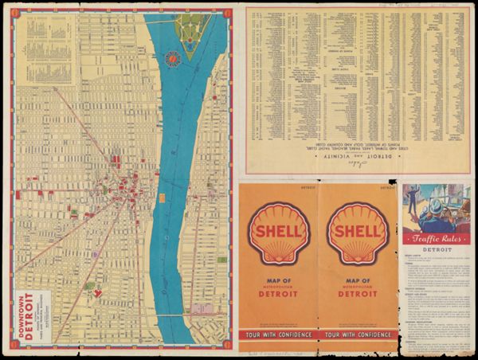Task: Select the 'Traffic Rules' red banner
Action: coord(435,238)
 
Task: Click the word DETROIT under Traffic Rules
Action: coord(435,249)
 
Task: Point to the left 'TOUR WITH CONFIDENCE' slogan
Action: coord(278,334)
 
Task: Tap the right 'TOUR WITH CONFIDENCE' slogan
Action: coord(357,334)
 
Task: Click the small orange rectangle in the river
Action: coord(162,197)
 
